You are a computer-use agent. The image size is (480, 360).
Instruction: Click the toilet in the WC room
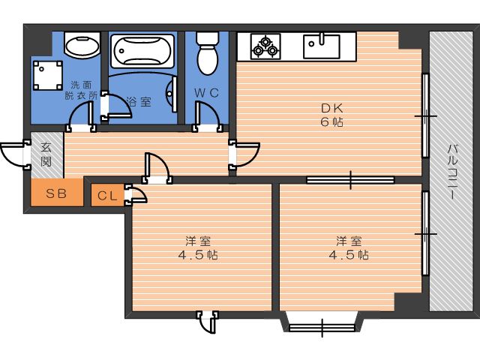[x=207, y=52]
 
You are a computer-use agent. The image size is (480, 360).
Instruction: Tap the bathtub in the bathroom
[x=142, y=51]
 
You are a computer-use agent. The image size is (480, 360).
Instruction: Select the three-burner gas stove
[x=265, y=46]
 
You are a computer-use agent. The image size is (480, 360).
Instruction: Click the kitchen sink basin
[x=322, y=46]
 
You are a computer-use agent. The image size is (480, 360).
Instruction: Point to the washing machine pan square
[x=48, y=76]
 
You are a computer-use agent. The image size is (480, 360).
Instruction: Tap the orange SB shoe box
[x=57, y=193]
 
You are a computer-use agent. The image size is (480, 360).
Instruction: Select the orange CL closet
[x=108, y=195]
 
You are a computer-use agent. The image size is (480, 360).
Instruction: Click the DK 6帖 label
[x=331, y=115]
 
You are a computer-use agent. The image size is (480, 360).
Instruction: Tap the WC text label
[x=207, y=93]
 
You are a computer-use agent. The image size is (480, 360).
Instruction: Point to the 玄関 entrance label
[x=46, y=154]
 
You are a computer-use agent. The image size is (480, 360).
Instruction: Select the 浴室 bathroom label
[x=139, y=102]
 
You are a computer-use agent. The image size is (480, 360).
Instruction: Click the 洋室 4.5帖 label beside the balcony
[x=349, y=248]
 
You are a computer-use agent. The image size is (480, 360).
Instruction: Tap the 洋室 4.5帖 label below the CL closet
[x=198, y=248]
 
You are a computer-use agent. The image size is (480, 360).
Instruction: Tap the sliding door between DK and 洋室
[x=350, y=180]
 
